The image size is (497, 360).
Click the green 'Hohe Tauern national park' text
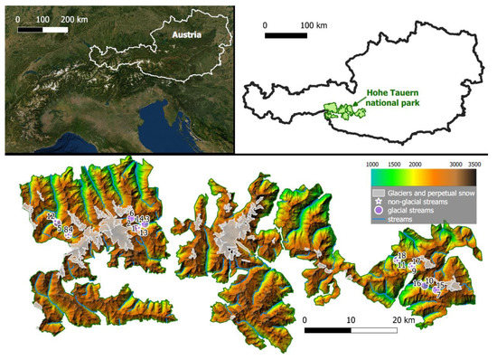click(x=396, y=97)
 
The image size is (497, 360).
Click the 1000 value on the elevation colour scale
click(x=371, y=165)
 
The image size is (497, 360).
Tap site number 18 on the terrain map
click(x=401, y=257)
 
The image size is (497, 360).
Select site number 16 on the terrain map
click(x=417, y=283)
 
